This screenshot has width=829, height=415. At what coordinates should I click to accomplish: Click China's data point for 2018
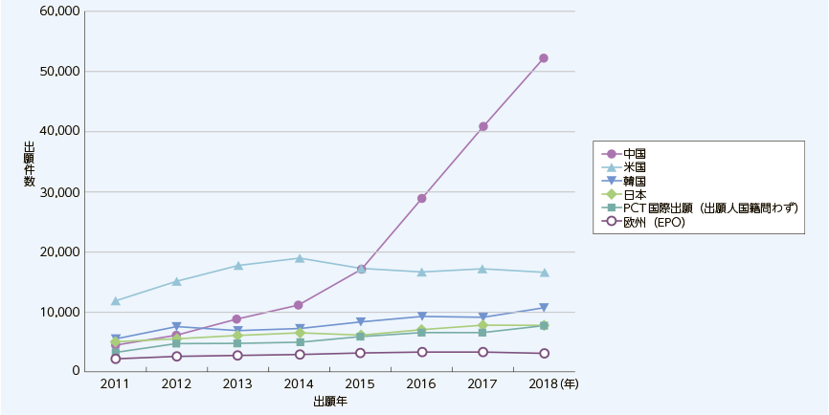coord(544,58)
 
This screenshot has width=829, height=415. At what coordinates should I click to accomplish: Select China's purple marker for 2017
coord(483,126)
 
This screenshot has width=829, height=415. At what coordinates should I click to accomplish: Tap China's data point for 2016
coord(422,198)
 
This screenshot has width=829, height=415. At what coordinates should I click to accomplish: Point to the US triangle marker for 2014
coord(299,258)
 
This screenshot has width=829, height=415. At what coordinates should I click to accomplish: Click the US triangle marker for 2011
coord(116,301)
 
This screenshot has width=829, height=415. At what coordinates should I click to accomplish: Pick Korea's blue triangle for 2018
coord(544,308)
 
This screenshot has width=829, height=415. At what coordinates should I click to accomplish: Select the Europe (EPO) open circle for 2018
coord(544,354)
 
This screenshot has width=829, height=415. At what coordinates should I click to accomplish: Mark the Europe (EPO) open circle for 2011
coord(116,359)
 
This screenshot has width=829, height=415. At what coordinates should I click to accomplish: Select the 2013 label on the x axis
coord(237,383)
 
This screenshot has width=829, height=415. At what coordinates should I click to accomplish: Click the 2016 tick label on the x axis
coord(422,383)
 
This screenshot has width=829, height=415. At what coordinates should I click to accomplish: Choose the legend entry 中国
coord(634,153)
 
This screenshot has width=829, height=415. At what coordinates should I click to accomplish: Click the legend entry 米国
coord(634,166)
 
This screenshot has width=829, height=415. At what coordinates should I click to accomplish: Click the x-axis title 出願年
coord(329,403)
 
